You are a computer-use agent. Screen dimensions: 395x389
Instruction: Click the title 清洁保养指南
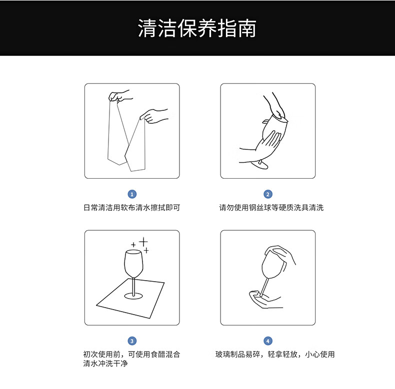[197, 28]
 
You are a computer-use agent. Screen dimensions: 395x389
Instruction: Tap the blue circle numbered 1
[132, 194]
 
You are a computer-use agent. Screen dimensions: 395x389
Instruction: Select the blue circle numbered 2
[268, 194]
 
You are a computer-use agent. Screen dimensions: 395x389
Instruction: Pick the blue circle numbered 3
[132, 341]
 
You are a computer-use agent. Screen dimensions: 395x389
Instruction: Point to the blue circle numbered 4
[268, 341]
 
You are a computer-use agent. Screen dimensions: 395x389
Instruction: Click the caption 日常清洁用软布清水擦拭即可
[132, 208]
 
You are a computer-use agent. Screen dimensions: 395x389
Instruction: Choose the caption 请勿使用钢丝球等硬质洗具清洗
[271, 208]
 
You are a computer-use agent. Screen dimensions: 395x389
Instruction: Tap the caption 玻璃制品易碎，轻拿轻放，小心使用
[275, 354]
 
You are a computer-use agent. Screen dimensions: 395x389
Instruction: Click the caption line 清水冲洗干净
[105, 364]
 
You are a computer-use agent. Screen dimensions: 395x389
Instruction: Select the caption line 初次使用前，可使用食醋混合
[132, 354]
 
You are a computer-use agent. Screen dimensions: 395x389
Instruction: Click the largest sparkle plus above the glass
[143, 242]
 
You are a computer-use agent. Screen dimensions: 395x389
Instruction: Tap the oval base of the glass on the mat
[133, 296]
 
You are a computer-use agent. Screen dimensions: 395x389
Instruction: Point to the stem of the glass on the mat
[134, 286]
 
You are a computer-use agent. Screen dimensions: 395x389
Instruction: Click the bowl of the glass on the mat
[134, 264]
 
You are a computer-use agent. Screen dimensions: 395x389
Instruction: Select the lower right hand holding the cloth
[153, 116]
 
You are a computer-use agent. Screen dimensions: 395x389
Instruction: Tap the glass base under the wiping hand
[259, 165]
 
